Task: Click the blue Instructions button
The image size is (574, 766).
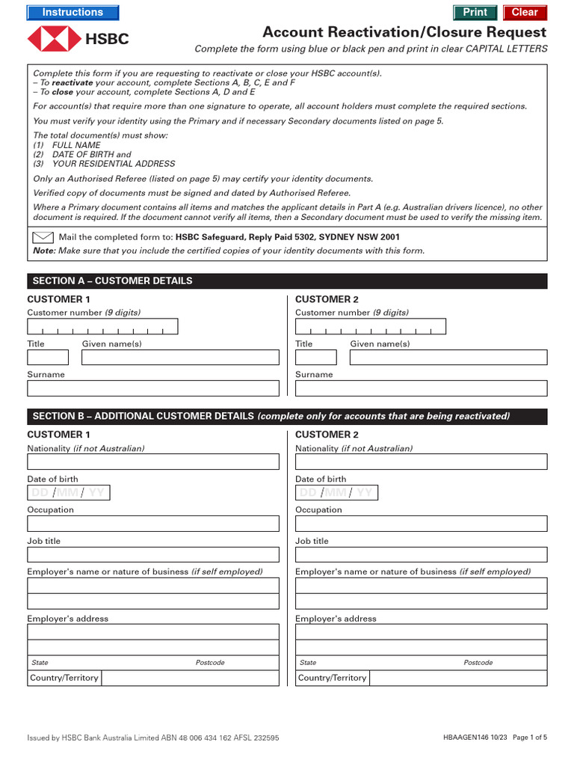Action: click(x=72, y=13)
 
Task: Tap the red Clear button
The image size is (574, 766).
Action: click(x=525, y=13)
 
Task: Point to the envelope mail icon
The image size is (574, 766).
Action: click(x=43, y=238)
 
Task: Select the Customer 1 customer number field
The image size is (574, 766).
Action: click(x=102, y=327)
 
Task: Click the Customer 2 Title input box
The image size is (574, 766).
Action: click(x=315, y=358)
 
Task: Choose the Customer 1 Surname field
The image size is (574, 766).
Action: click(x=153, y=388)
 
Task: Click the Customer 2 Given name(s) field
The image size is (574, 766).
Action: click(x=448, y=358)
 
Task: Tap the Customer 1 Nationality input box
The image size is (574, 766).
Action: click(x=153, y=462)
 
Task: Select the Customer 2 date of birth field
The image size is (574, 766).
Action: click(x=336, y=492)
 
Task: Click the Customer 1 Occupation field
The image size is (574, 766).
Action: click(x=153, y=524)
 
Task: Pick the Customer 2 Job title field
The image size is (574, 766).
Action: click(x=421, y=554)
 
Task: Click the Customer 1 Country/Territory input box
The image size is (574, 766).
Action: click(x=189, y=678)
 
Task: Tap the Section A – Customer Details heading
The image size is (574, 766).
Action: click(x=113, y=281)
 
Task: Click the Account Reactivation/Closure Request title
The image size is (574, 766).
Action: click(x=404, y=33)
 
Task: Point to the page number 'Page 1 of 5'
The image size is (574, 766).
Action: click(x=530, y=738)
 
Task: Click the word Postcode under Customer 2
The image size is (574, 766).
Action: click(x=478, y=663)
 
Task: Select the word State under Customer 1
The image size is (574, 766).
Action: click(x=40, y=663)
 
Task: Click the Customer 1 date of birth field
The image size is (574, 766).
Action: click(x=68, y=492)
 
